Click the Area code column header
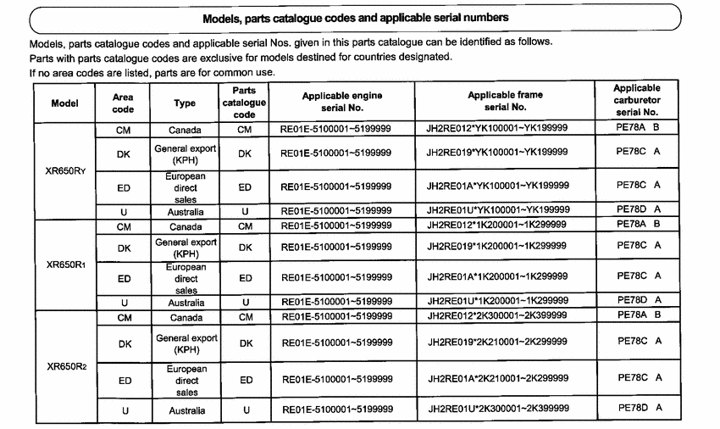124,103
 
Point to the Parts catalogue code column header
244,103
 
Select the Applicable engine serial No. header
342,103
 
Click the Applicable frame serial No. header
505,102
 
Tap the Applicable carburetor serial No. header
637,100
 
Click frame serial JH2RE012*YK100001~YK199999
497,128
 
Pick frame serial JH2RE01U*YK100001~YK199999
497,209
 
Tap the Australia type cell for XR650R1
185,302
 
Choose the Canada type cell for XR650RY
185,129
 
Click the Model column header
65,103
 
